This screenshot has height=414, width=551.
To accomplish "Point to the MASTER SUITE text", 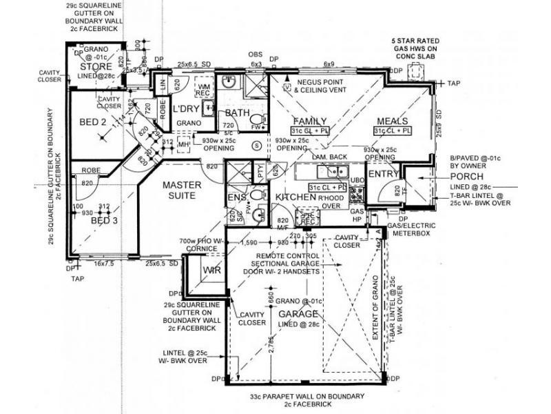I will [x=181, y=190].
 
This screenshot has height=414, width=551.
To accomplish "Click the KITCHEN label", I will [x=295, y=197].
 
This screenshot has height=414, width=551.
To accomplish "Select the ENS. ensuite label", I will [x=236, y=198].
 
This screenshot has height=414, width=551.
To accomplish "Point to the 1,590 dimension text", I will [x=250, y=243].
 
